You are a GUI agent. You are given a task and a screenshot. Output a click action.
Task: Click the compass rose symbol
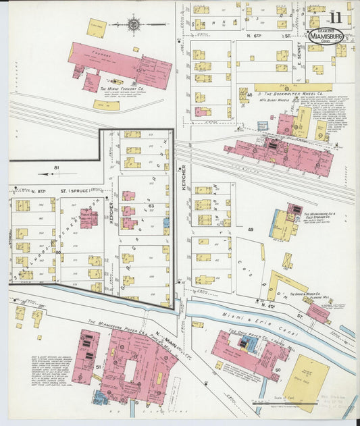pyautogui.click(x=133, y=24)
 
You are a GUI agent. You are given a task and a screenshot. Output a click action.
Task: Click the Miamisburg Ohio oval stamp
pyautogui.click(x=326, y=37)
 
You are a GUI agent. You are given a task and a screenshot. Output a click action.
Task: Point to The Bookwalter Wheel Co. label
pyautogui.click(x=292, y=94)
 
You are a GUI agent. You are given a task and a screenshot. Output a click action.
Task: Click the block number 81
pyautogui.click(x=57, y=167)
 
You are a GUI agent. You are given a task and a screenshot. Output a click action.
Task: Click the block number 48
pyautogui.click(x=249, y=95)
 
